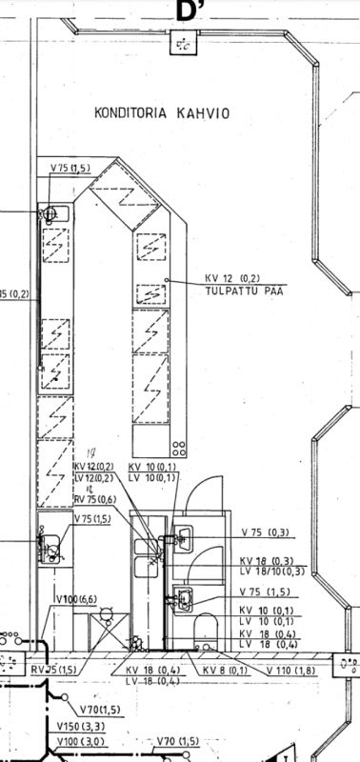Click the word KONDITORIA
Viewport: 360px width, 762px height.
point(130,112)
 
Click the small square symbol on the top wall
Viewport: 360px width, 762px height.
point(179,44)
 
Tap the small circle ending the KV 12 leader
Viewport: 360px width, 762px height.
point(167,279)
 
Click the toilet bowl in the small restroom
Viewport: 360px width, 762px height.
point(202,630)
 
